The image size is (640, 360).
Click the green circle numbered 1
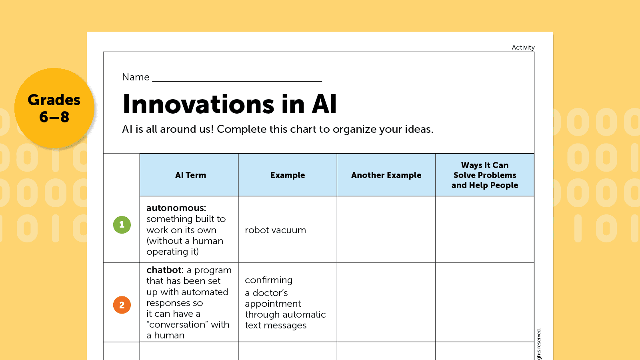122,225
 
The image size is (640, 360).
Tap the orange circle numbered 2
122,305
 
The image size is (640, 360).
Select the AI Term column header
190,175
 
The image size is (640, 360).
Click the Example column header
288,175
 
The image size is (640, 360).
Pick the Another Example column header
386,175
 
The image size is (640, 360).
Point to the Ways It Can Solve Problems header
485,175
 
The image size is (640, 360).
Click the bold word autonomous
176,208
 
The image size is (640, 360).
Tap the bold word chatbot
165,270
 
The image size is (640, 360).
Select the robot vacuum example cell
275,230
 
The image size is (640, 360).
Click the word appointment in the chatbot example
273,304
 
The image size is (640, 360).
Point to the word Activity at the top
523,47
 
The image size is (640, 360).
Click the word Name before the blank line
136,77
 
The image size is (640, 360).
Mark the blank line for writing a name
237,80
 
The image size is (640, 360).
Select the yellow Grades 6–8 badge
54,108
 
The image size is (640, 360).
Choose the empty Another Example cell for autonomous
386,230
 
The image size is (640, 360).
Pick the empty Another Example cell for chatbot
386,302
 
